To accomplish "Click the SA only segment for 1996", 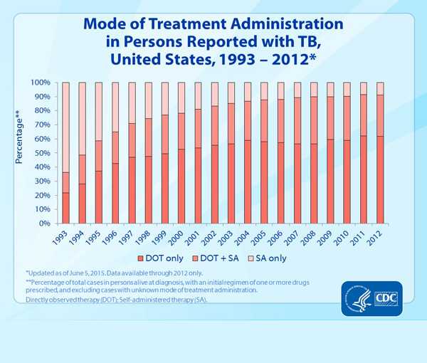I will pyautogui.click(x=115, y=107).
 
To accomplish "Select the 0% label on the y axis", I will pyautogui.click(x=43, y=223).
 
